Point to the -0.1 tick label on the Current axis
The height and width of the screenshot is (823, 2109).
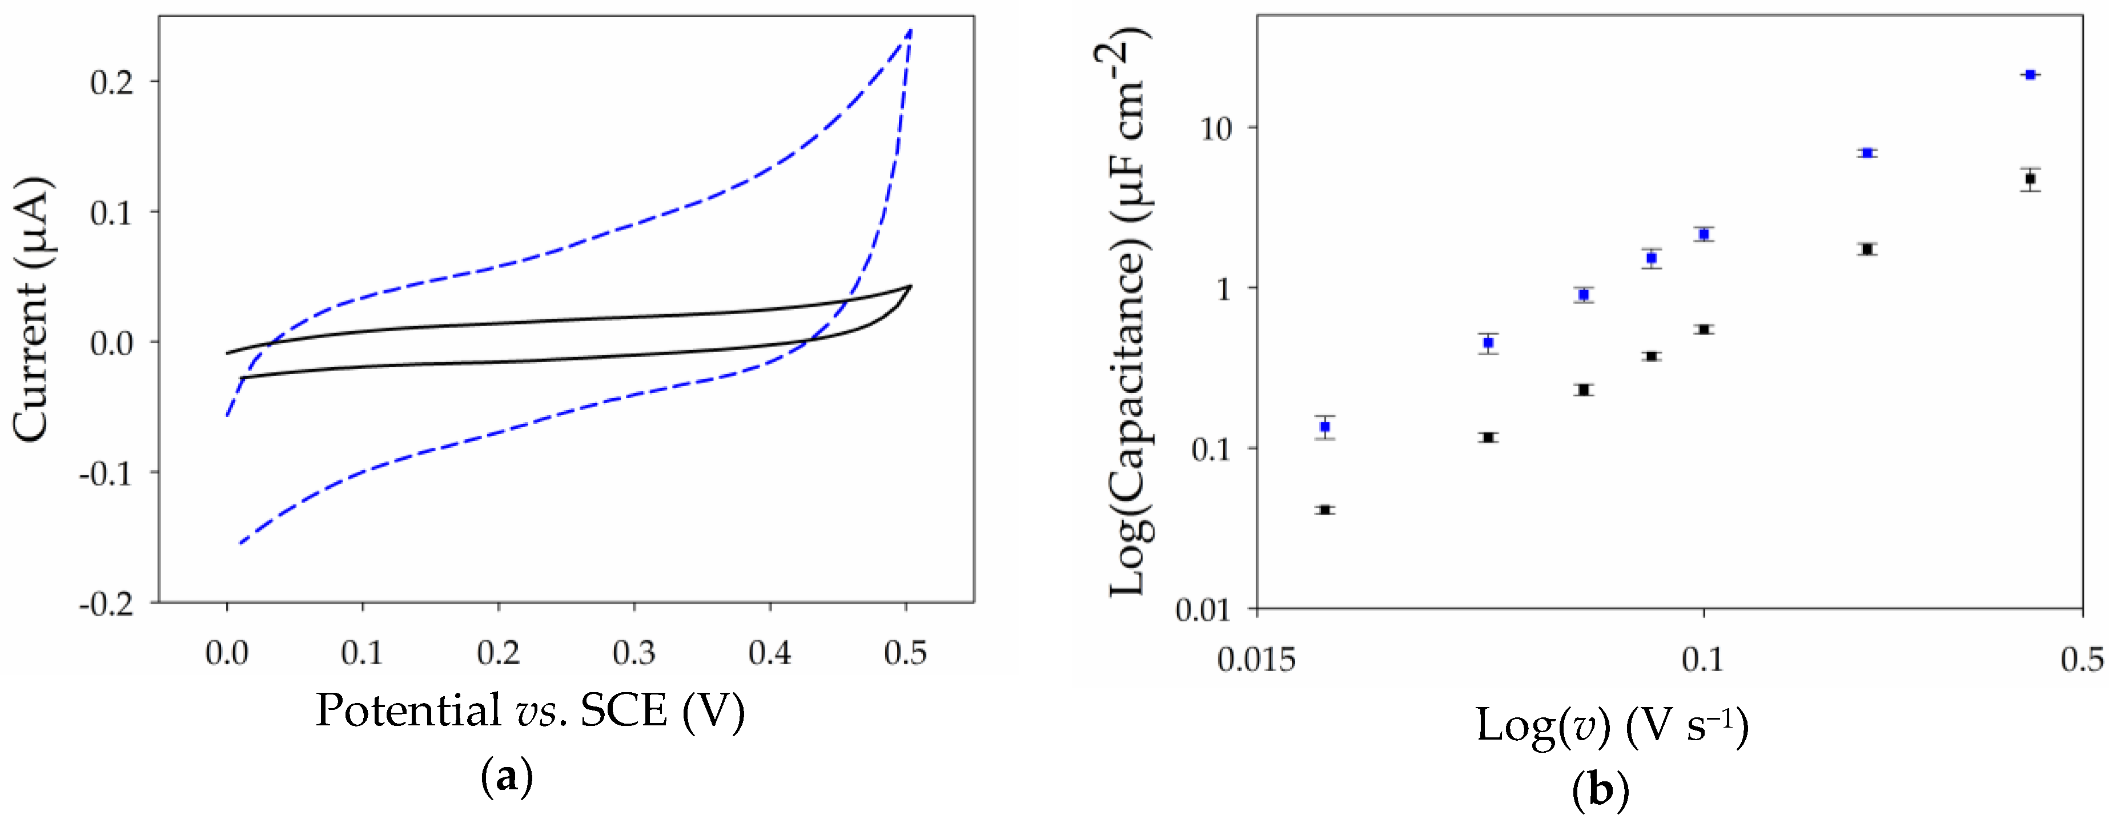pos(106,473)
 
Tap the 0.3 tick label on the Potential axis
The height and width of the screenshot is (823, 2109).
pos(634,653)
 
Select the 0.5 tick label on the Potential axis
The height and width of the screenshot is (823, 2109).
pos(906,653)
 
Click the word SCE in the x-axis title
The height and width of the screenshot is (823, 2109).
pos(624,711)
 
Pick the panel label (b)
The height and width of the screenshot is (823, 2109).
pos(1601,790)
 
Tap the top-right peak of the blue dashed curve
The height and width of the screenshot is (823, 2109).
pos(910,31)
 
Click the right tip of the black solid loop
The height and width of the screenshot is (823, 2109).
pos(910,286)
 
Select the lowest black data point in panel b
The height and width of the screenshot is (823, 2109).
pos(1325,510)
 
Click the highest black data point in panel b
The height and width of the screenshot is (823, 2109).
pos(2030,179)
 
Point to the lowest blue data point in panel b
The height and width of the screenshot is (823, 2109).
pos(1325,427)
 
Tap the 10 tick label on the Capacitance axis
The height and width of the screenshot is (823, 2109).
pos(1218,129)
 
